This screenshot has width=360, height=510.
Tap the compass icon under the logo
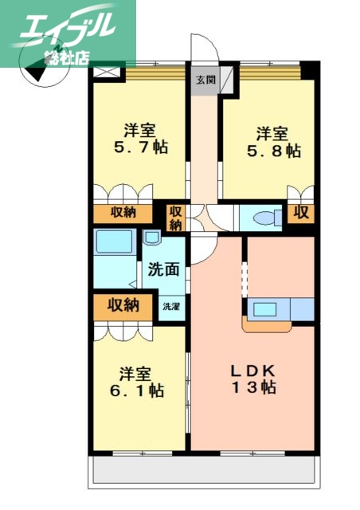coord(37,72)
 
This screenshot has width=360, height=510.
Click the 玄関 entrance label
coord(205,78)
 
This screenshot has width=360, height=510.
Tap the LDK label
coord(252,371)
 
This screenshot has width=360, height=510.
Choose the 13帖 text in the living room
coord(252,389)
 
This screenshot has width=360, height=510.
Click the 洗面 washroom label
coord(164,269)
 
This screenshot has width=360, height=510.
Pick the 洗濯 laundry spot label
coord(170,306)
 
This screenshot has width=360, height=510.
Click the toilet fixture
coord(263,217)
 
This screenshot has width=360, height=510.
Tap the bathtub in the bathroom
coord(113,242)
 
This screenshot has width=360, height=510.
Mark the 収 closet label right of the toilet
coord(301,213)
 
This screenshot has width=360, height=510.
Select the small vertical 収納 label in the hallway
coord(175,218)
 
